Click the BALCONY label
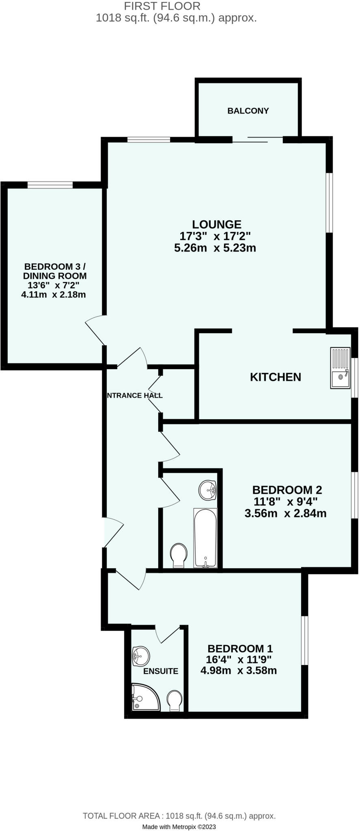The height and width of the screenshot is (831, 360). (248, 111)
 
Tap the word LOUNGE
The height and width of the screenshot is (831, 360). (216, 224)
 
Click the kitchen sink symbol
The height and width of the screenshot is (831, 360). (340, 368)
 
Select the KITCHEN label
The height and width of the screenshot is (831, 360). (275, 377)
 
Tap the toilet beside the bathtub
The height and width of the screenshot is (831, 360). (179, 555)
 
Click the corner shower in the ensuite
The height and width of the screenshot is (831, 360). (144, 697)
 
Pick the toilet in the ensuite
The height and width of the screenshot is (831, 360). (175, 700)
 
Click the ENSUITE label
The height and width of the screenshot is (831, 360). (161, 671)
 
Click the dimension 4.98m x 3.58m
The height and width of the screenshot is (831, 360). (239, 670)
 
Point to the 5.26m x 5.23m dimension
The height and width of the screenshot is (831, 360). (215, 248)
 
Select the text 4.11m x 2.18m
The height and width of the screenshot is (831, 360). (53, 295)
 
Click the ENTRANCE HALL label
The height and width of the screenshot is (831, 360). (134, 395)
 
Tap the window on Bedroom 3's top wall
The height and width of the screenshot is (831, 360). (50, 185)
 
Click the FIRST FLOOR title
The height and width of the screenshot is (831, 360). (162, 6)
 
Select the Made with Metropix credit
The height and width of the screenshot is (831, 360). (179, 827)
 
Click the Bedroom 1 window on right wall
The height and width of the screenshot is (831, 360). (304, 640)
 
